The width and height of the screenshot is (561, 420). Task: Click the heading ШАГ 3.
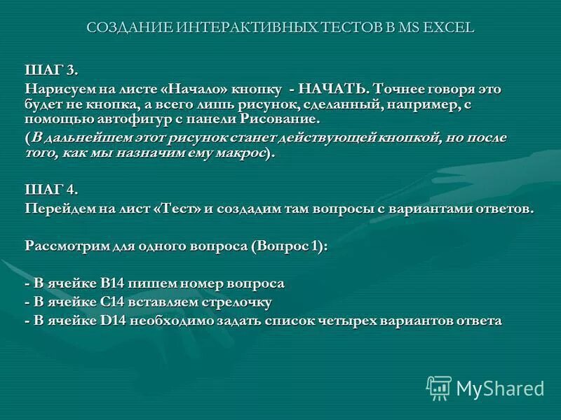[x=52, y=70]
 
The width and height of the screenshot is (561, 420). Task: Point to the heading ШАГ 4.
[x=53, y=190]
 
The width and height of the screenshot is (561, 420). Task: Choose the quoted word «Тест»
[x=177, y=209]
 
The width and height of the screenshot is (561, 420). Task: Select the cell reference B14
[x=112, y=283]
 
